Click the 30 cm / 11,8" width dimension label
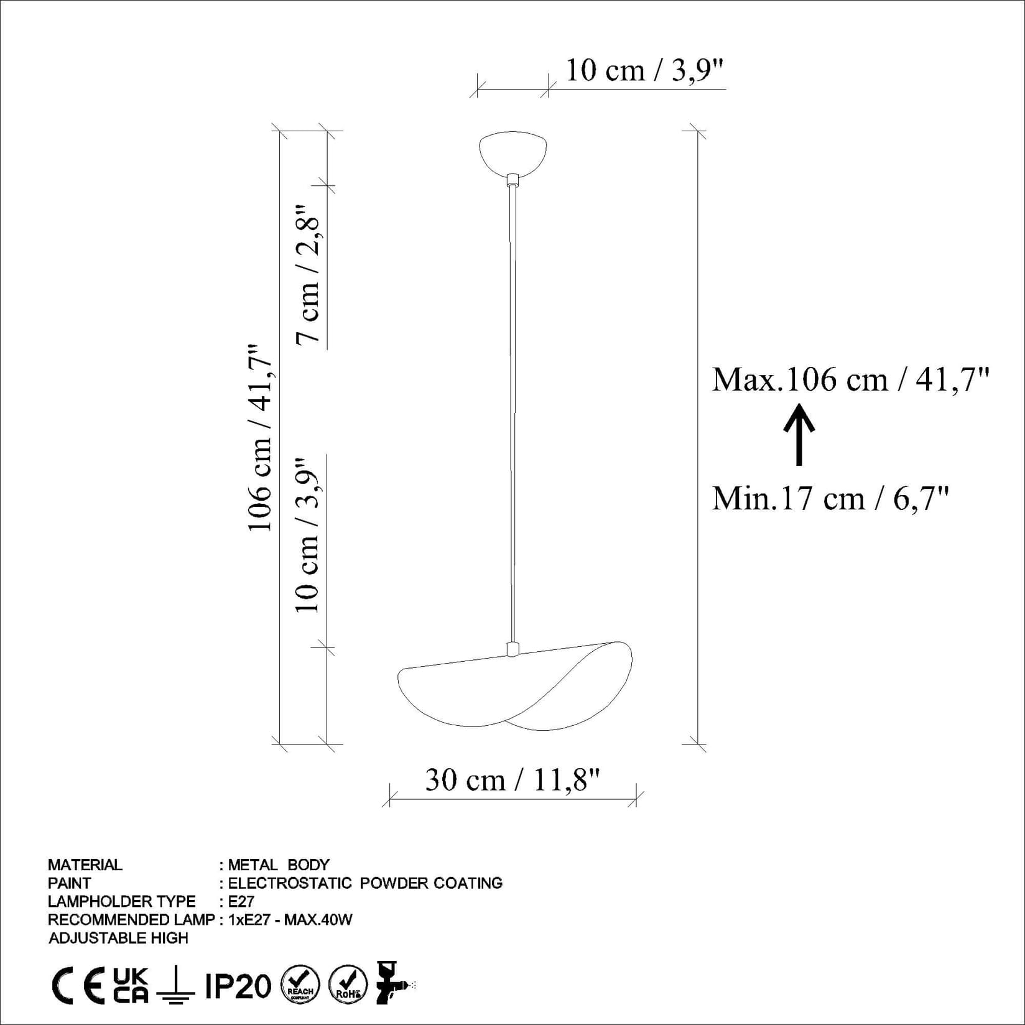tap(512, 780)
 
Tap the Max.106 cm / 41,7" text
tap(850, 379)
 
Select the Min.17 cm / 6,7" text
tap(830, 499)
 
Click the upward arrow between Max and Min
tap(799, 434)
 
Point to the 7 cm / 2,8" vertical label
tap(308, 274)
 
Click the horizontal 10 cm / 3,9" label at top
tap(644, 70)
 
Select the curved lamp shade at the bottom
tap(515, 687)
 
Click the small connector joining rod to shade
tap(512, 649)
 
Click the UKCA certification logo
tap(131, 986)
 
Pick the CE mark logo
tap(78, 986)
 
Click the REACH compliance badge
tap(300, 985)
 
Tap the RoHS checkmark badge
tap(348, 985)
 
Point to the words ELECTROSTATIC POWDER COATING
tap(365, 883)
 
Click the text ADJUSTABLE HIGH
tap(118, 938)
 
